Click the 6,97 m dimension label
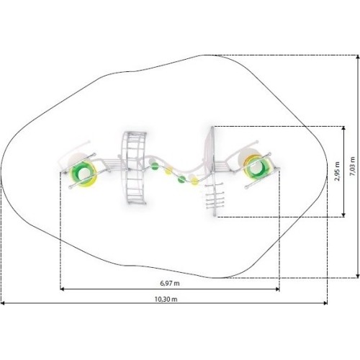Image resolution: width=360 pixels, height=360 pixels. [x=170, y=283]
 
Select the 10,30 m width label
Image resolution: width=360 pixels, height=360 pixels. [x=166, y=299]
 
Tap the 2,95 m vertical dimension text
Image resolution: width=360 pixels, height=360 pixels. [x=338, y=171]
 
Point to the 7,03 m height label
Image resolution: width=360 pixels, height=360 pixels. [x=352, y=166]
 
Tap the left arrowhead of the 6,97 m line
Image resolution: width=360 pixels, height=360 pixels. [x=62, y=289]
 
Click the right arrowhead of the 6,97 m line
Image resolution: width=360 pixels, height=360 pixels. [x=278, y=289]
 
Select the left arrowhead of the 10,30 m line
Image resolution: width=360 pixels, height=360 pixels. [x=3, y=303]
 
